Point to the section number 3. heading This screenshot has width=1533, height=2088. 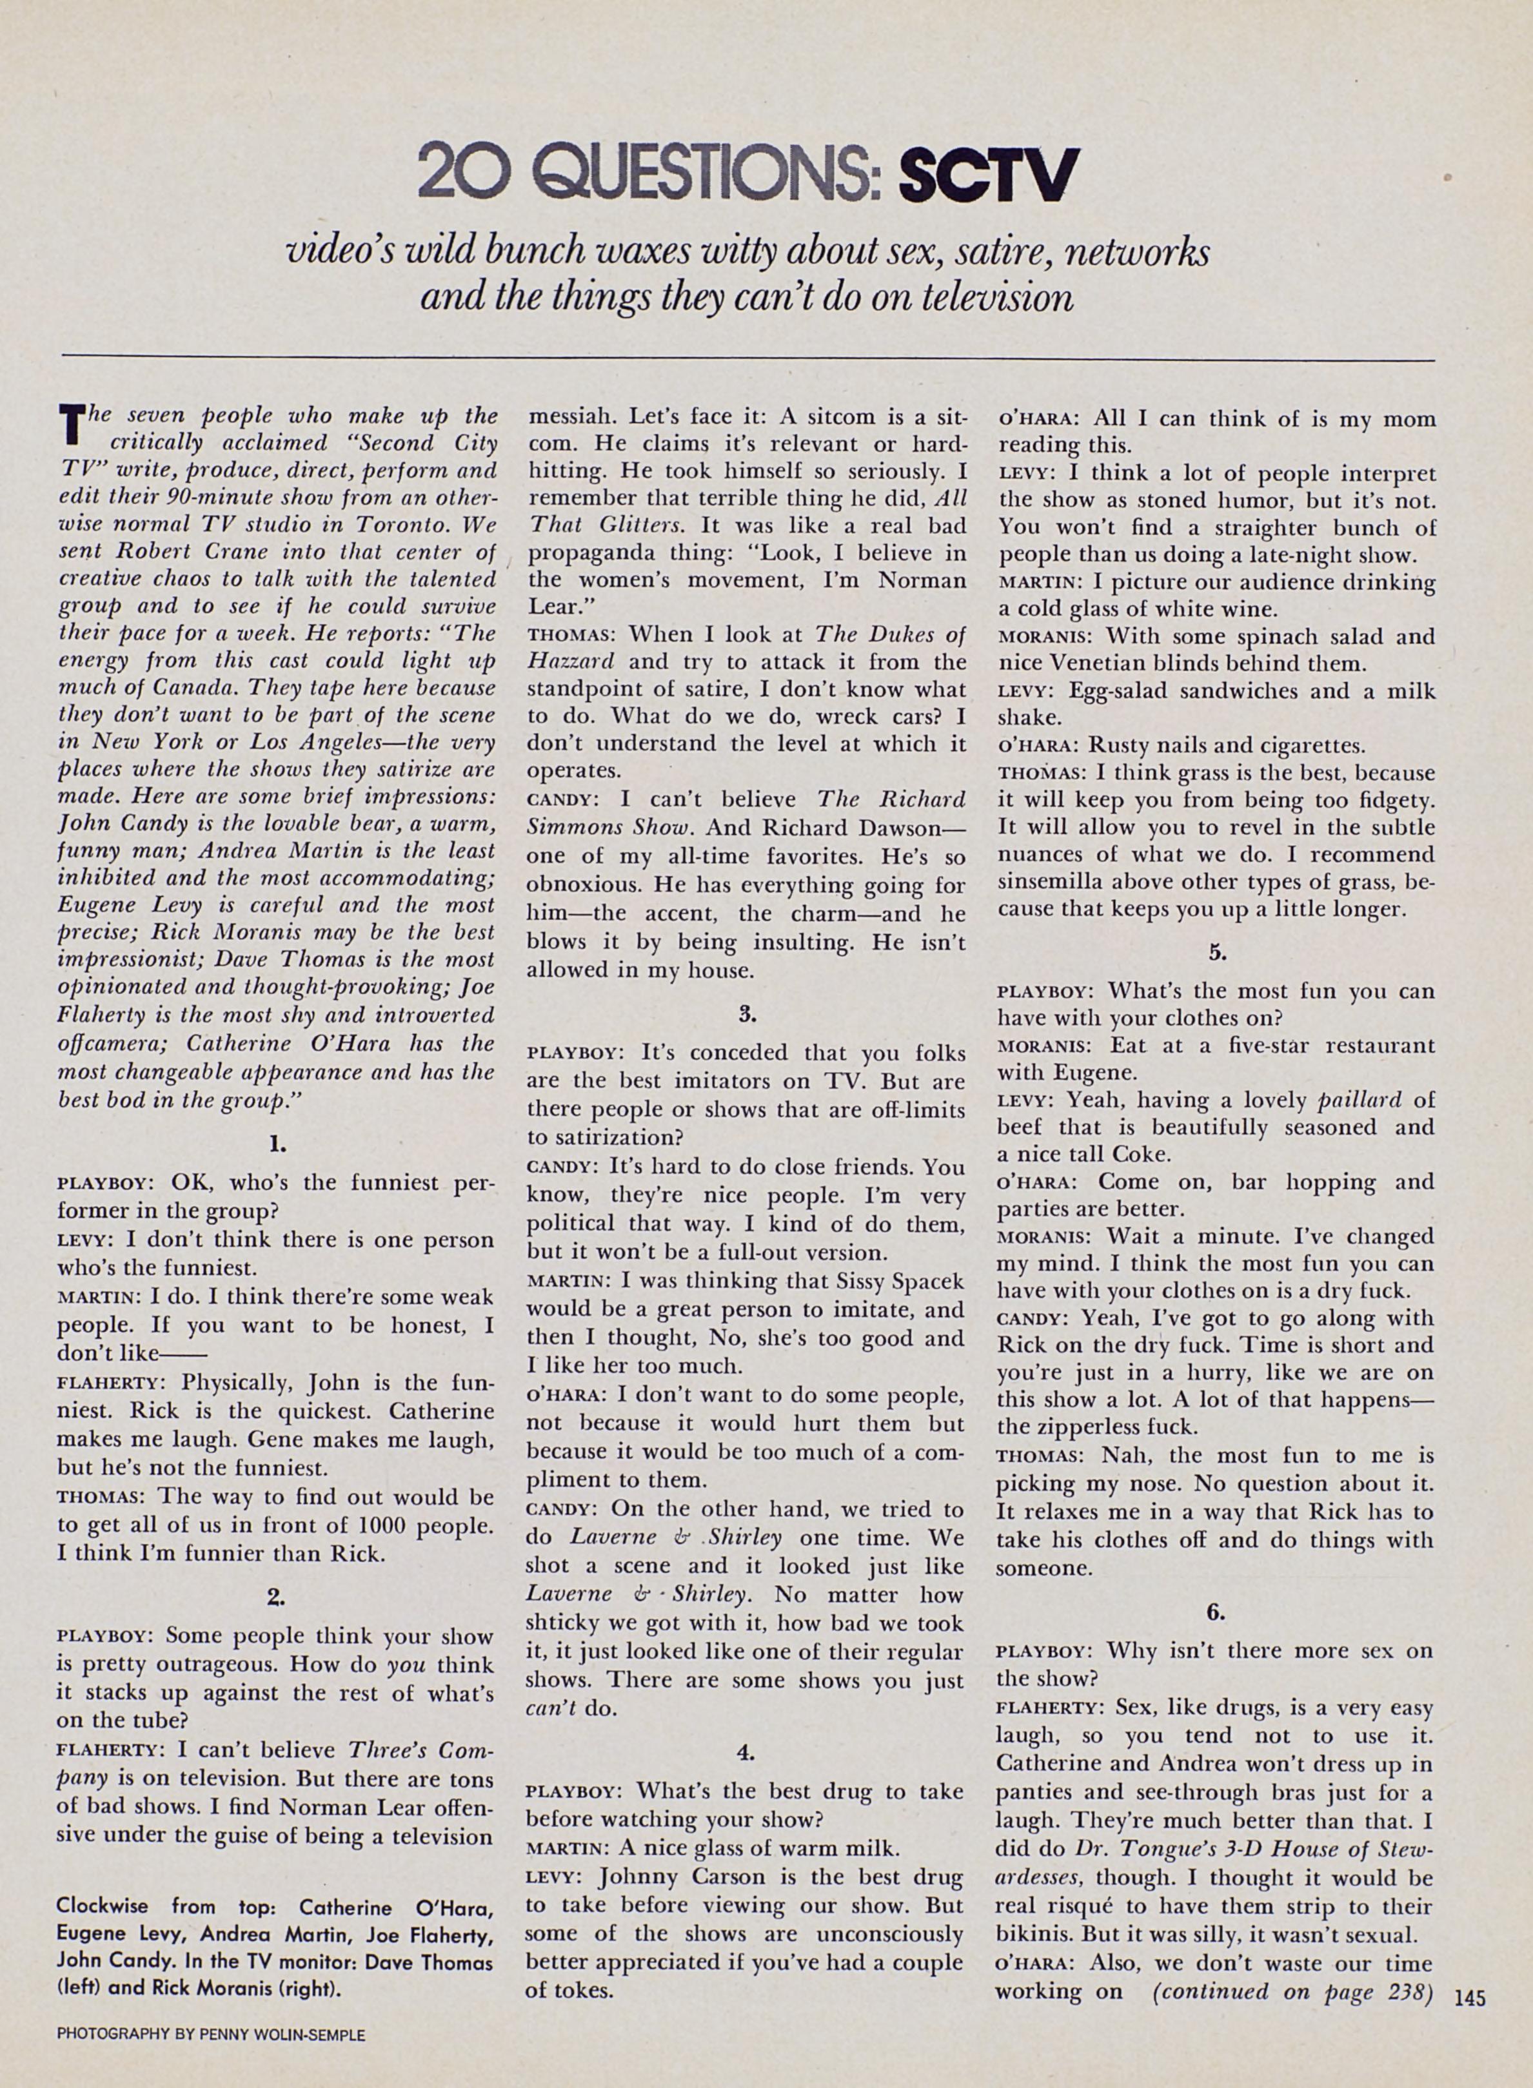coord(747,1014)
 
